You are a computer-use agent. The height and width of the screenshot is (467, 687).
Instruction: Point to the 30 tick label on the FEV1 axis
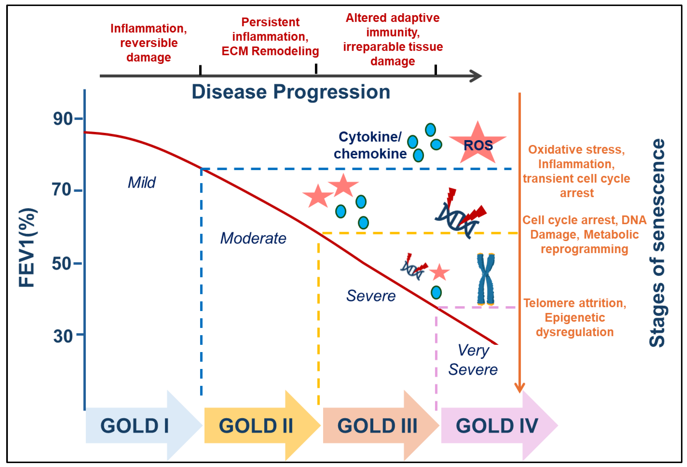(x=63, y=336)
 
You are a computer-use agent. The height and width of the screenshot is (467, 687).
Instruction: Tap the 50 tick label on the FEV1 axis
(x=61, y=263)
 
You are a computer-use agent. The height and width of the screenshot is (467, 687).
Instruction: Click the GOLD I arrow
(x=139, y=426)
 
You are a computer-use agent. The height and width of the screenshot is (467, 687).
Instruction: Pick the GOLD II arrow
(x=257, y=426)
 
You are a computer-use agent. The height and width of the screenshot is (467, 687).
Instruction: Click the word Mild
(x=142, y=182)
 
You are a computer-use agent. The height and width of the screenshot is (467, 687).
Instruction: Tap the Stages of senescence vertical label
(x=657, y=243)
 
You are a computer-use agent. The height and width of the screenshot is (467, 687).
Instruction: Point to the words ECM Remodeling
(x=270, y=51)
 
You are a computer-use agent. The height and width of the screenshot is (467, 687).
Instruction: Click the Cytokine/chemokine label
(x=370, y=145)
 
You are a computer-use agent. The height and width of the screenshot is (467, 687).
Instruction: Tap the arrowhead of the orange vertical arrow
(x=519, y=387)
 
